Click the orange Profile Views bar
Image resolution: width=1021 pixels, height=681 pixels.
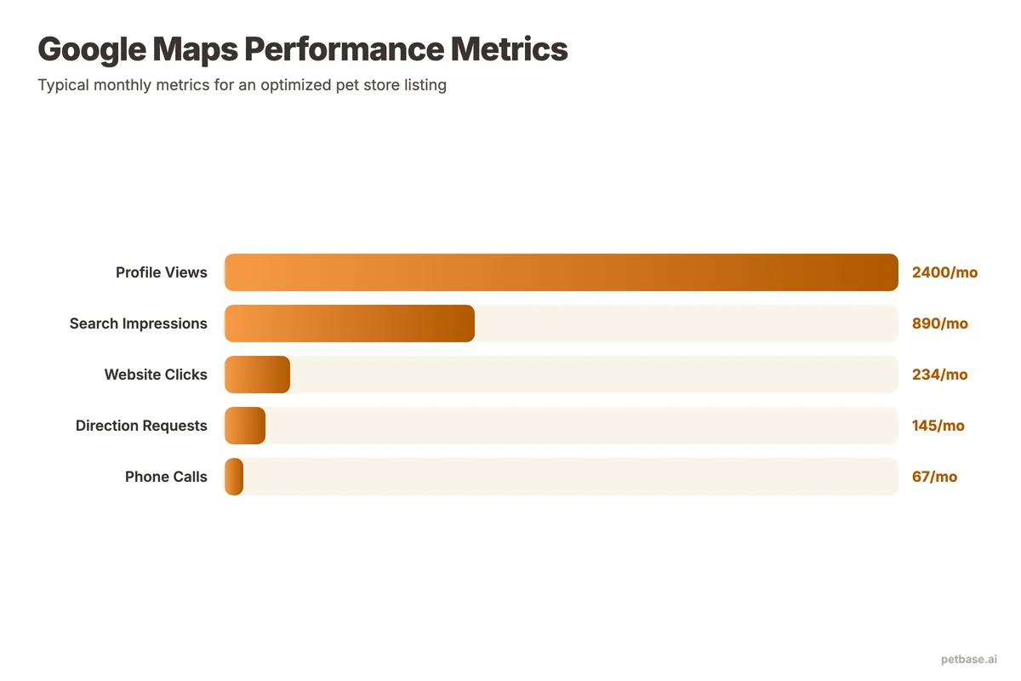point(562,272)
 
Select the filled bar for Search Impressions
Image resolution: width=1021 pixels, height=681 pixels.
point(349,323)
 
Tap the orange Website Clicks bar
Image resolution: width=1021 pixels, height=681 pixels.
point(257,375)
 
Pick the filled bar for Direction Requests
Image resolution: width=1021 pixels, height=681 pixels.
point(245,426)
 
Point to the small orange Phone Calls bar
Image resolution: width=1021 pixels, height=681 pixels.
point(234,477)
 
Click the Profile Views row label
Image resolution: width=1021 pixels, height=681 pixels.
point(162,272)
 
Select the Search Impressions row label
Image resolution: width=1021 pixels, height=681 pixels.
point(139,323)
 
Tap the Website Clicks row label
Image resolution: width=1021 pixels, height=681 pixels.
point(156,375)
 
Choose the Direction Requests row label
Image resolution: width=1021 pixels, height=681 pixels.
point(141,426)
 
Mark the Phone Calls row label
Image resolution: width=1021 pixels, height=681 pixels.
point(166,477)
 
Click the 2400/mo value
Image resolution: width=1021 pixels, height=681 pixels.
point(944,272)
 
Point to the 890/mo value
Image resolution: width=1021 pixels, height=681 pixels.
point(939,323)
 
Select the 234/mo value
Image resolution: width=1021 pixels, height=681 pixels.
point(939,375)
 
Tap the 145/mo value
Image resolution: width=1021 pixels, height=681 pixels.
point(938,426)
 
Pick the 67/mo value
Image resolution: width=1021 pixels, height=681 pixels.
point(934,477)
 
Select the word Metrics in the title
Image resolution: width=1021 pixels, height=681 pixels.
point(509,49)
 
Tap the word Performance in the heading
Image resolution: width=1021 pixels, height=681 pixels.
point(344,49)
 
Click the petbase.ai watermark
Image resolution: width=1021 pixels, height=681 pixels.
point(969,660)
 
